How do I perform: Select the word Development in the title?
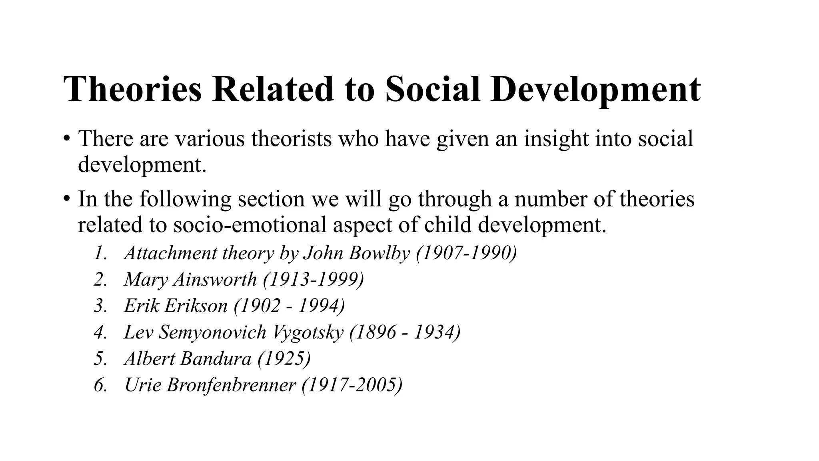tap(595, 90)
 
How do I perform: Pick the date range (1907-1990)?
tap(466, 253)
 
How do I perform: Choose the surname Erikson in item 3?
tap(196, 306)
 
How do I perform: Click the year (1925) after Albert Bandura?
tap(284, 359)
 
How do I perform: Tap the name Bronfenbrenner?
tap(231, 385)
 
